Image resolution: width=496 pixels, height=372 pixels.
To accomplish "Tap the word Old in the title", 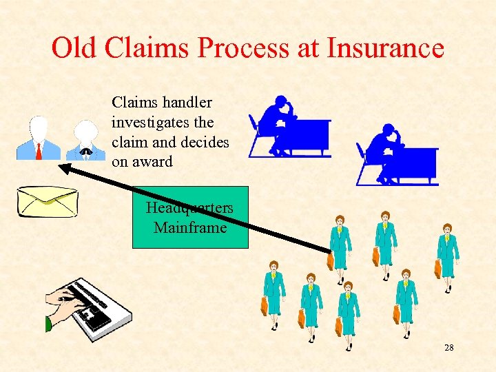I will pyautogui.click(x=75, y=48).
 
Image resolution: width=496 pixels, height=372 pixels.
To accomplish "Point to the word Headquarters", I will pyautogui.click(x=189, y=207).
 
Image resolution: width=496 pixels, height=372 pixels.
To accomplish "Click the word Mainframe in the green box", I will pyautogui.click(x=190, y=227).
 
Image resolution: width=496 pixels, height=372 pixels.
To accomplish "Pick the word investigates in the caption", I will pyautogui.click(x=163, y=123).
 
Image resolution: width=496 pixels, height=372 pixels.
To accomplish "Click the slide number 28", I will pyautogui.click(x=448, y=348).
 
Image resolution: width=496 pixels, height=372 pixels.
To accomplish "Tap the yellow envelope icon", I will pyautogui.click(x=47, y=201).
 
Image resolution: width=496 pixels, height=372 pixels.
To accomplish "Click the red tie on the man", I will pyautogui.click(x=39, y=150).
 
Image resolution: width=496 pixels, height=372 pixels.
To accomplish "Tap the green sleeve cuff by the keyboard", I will pyautogui.click(x=48, y=323).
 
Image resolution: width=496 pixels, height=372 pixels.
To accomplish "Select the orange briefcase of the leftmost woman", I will pyautogui.click(x=265, y=305).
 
